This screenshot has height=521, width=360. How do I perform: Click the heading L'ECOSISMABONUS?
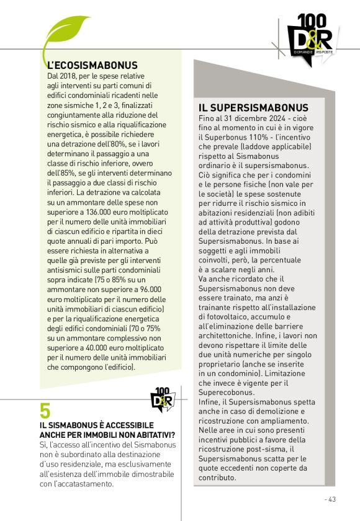tap(92, 65)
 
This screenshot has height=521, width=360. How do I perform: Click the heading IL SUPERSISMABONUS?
tap(253, 108)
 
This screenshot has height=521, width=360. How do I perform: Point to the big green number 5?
tap(45, 410)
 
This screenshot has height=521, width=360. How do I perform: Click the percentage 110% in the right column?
tap(256, 136)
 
